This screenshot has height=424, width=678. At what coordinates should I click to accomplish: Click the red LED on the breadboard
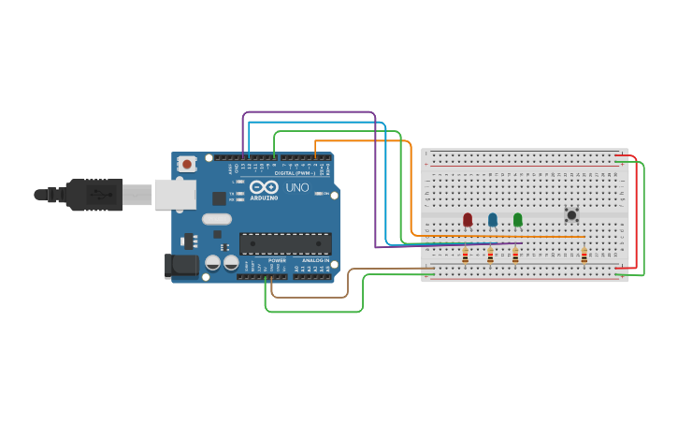[468, 219]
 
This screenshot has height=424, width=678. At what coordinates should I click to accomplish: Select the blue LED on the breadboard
[493, 219]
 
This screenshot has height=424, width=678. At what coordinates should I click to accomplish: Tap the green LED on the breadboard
[518, 219]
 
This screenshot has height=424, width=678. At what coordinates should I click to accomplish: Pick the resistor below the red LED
[465, 255]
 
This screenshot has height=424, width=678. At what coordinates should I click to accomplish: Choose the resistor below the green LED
[515, 255]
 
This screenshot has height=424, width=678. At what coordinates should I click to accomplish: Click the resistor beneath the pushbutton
[584, 255]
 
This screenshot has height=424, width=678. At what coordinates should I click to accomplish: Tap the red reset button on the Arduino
[187, 164]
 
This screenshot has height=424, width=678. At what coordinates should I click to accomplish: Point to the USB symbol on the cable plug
[97, 195]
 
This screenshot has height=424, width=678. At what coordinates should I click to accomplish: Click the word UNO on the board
[296, 187]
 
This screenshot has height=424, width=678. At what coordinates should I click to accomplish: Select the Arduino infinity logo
[263, 187]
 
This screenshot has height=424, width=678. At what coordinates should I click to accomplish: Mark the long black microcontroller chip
[285, 244]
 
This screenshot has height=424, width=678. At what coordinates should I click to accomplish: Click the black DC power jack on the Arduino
[181, 266]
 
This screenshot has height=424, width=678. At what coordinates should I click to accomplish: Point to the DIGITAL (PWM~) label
[294, 173]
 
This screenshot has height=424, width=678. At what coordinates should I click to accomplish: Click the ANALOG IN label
[313, 260]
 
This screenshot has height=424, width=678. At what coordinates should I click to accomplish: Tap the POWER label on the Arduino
[277, 260]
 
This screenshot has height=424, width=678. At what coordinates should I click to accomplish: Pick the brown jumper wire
[309, 298]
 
